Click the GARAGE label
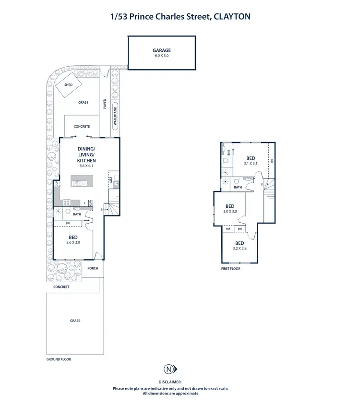pyautogui.click(x=162, y=50)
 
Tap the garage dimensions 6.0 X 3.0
pyautogui.click(x=162, y=56)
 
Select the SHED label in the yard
pyautogui.click(x=68, y=85)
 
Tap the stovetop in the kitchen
pyautogui.click(x=65, y=202)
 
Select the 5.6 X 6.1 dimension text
pyautogui.click(x=87, y=166)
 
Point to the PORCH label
pyautogui.click(x=93, y=268)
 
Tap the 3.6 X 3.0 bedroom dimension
pyautogui.click(x=73, y=242)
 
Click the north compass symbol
pyautogui.click(x=169, y=369)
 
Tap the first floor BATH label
pyautogui.click(x=238, y=187)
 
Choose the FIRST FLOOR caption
pyautogui.click(x=231, y=269)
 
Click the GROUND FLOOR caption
pyautogui.click(x=59, y=359)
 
